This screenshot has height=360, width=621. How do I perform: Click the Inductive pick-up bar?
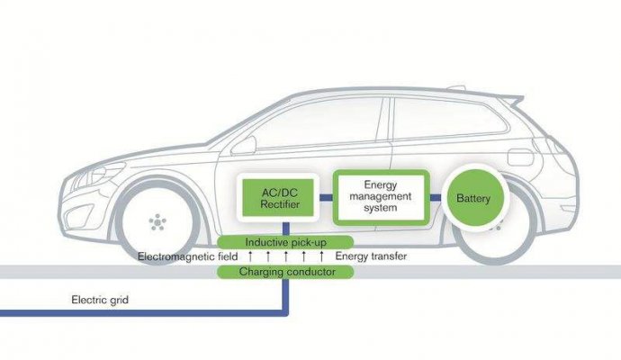point(285,242)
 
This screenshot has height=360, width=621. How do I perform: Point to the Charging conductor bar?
point(286,271)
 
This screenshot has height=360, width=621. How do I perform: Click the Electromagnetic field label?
point(186,257)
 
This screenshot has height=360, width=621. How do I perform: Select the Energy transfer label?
point(371,257)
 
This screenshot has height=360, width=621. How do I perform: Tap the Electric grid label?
point(100,300)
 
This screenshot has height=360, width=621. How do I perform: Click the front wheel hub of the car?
point(157,220)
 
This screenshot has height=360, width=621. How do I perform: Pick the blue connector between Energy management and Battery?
point(435,198)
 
